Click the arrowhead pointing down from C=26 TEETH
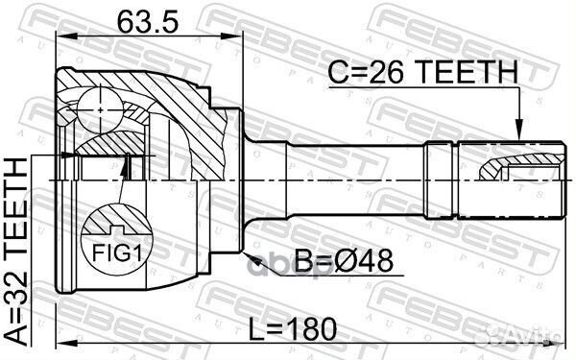518,134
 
